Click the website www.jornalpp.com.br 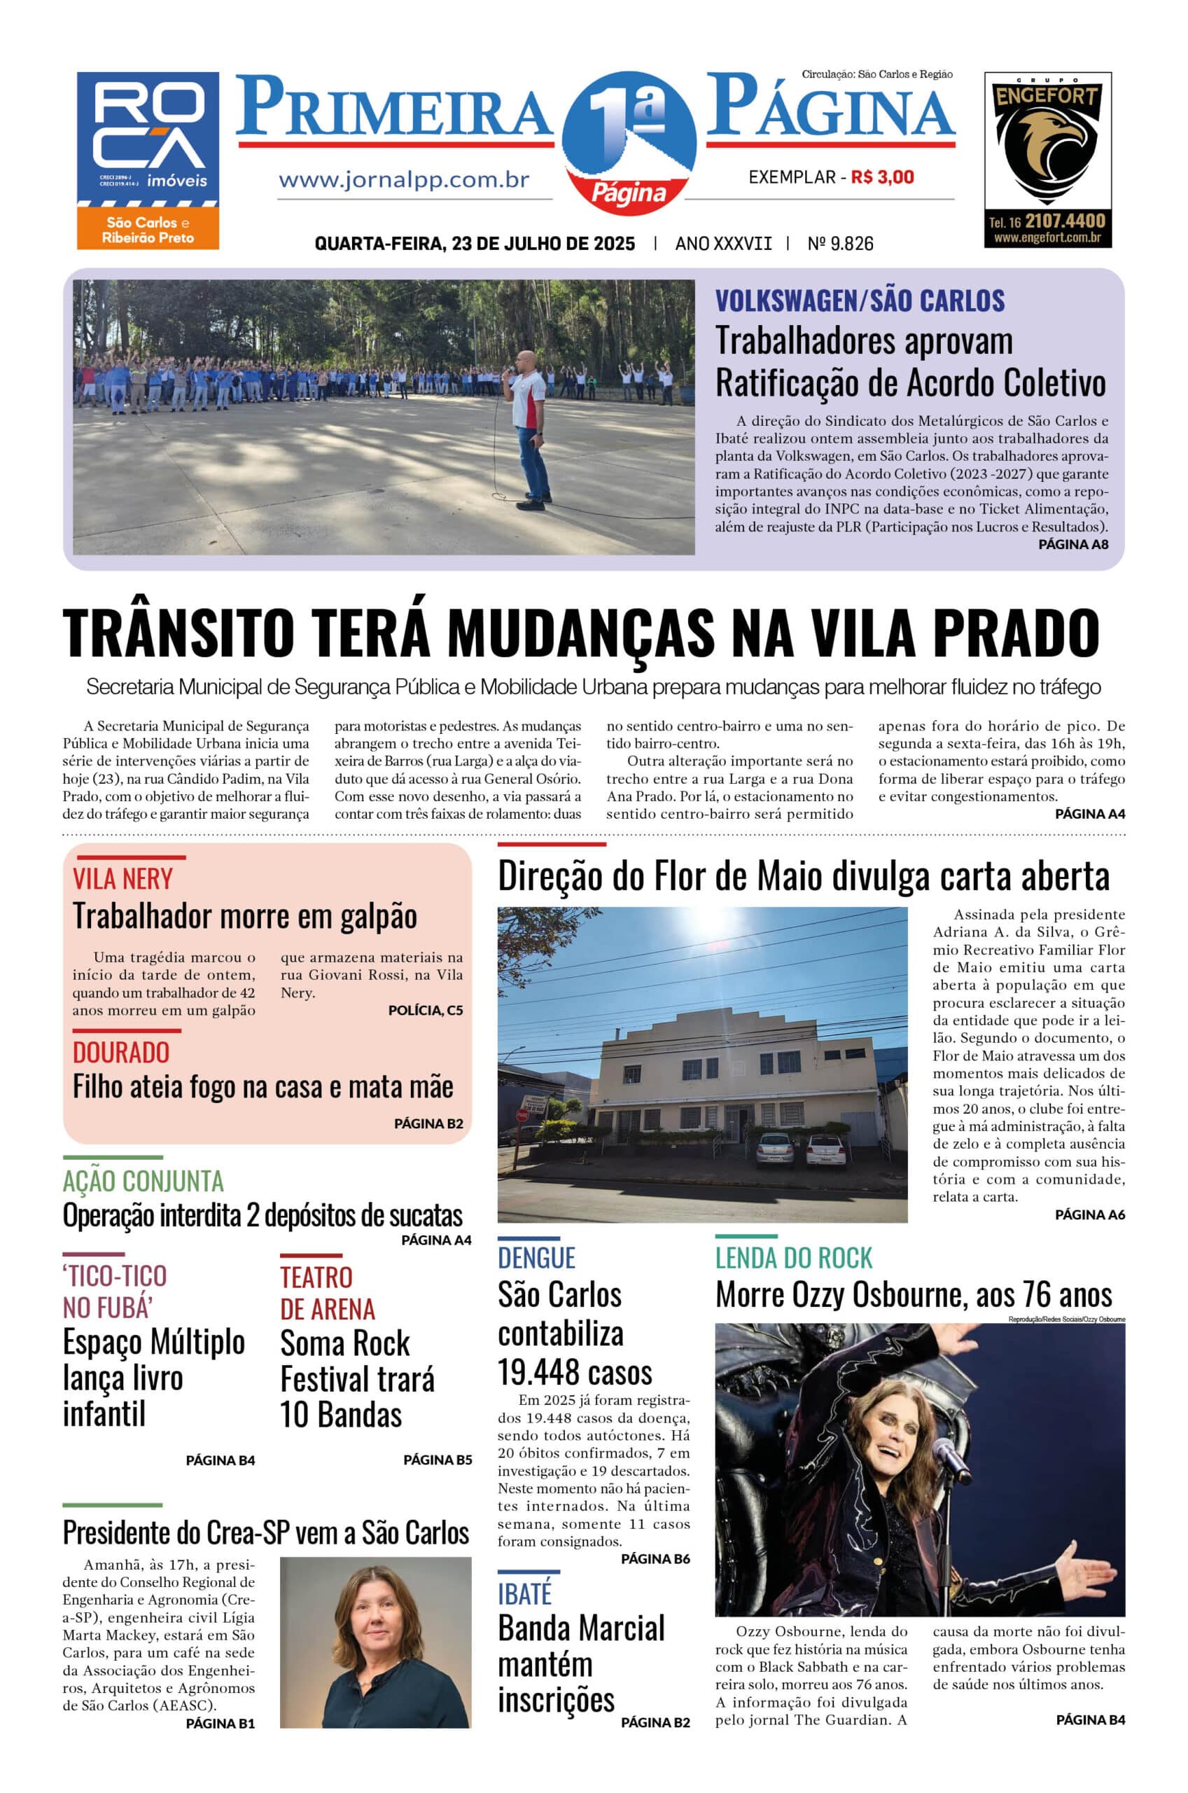pyautogui.click(x=404, y=181)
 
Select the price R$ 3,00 pyautogui.click(x=883, y=177)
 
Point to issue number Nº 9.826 pyautogui.click(x=840, y=244)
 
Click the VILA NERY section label pyautogui.click(x=123, y=879)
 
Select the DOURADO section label pyautogui.click(x=121, y=1052)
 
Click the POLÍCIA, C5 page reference pyautogui.click(x=425, y=1010)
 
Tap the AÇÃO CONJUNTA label pyautogui.click(x=144, y=1181)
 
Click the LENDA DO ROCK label pyautogui.click(x=793, y=1258)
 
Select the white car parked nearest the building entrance pyautogui.click(x=774, y=1149)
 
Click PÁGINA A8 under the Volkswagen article pyautogui.click(x=1072, y=544)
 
